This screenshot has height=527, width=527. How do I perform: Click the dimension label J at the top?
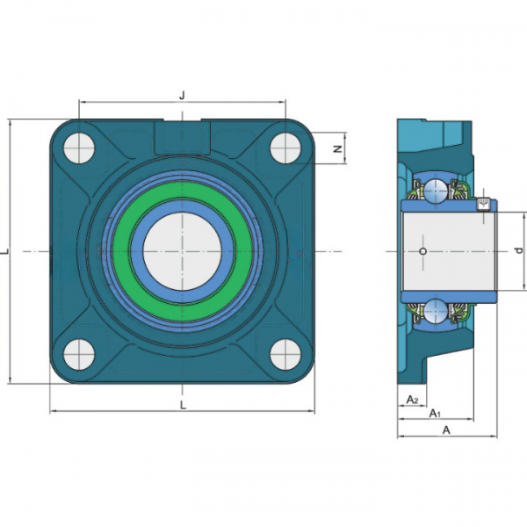point(182,96)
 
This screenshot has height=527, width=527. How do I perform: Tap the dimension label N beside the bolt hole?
point(338,148)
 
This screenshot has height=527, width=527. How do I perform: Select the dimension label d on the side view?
point(519,250)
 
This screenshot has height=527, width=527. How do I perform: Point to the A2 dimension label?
point(412,400)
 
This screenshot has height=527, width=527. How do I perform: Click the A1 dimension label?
point(435,413)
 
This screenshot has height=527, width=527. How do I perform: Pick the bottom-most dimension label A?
point(446,430)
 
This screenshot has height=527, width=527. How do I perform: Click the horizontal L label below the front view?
point(183,405)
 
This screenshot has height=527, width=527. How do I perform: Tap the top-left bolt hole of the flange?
point(79,148)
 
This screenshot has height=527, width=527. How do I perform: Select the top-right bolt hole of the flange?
point(285,148)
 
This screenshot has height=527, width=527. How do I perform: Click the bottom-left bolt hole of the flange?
point(79,355)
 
